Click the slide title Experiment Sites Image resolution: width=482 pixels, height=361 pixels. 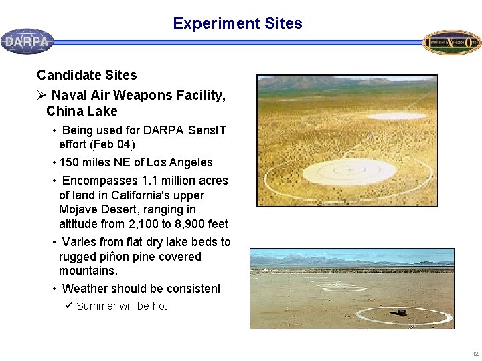238,23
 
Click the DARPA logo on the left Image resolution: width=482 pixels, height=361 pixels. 27,41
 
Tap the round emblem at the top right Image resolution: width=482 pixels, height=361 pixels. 452,42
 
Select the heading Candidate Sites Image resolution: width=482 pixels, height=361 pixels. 86,75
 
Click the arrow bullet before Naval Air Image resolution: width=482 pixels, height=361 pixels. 42,95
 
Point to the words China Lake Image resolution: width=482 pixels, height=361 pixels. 82,111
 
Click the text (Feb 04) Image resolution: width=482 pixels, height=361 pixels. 116,144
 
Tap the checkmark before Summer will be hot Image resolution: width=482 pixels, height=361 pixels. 69,306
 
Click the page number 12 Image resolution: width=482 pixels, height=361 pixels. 475,353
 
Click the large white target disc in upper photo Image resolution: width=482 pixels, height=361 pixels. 340,172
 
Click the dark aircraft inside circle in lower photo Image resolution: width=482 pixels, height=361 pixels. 401,312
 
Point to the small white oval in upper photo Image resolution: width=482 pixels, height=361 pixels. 396,116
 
